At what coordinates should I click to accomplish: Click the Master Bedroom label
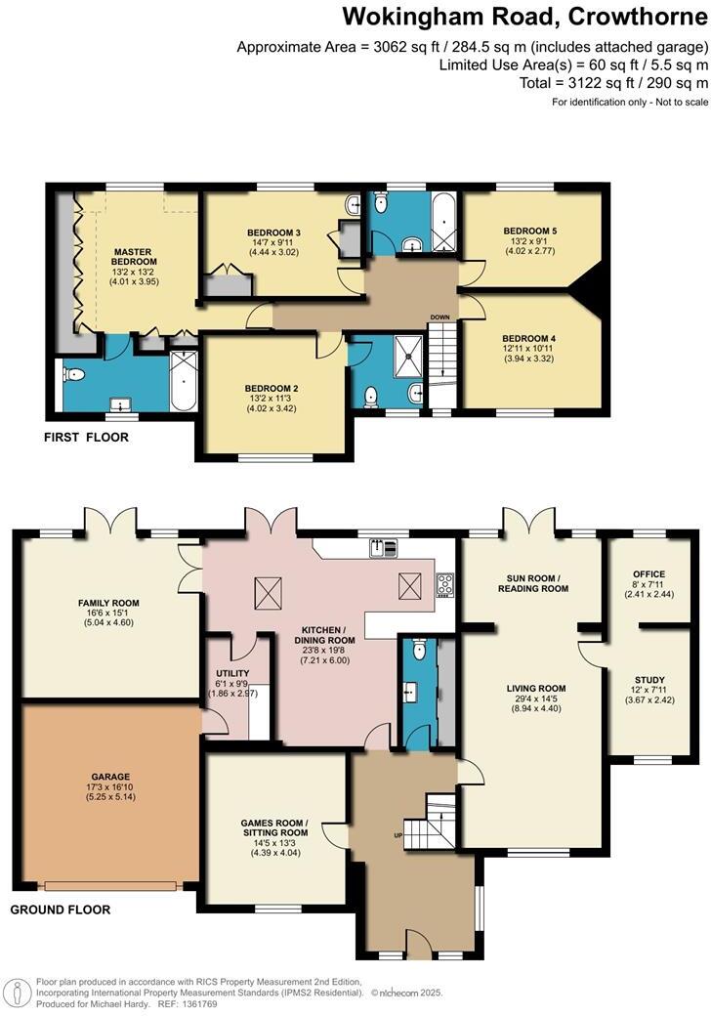(134, 256)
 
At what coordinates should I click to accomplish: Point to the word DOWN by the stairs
(440, 317)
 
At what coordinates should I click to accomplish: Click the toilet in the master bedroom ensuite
(74, 374)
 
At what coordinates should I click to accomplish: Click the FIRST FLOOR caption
(86, 437)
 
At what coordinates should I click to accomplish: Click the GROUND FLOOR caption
(60, 910)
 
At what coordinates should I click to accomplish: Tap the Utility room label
(232, 673)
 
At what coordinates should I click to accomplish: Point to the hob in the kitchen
(444, 584)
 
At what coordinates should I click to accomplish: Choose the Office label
(648, 574)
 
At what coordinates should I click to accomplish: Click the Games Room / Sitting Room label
(273, 827)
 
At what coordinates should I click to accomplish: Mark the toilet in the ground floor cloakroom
(418, 649)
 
